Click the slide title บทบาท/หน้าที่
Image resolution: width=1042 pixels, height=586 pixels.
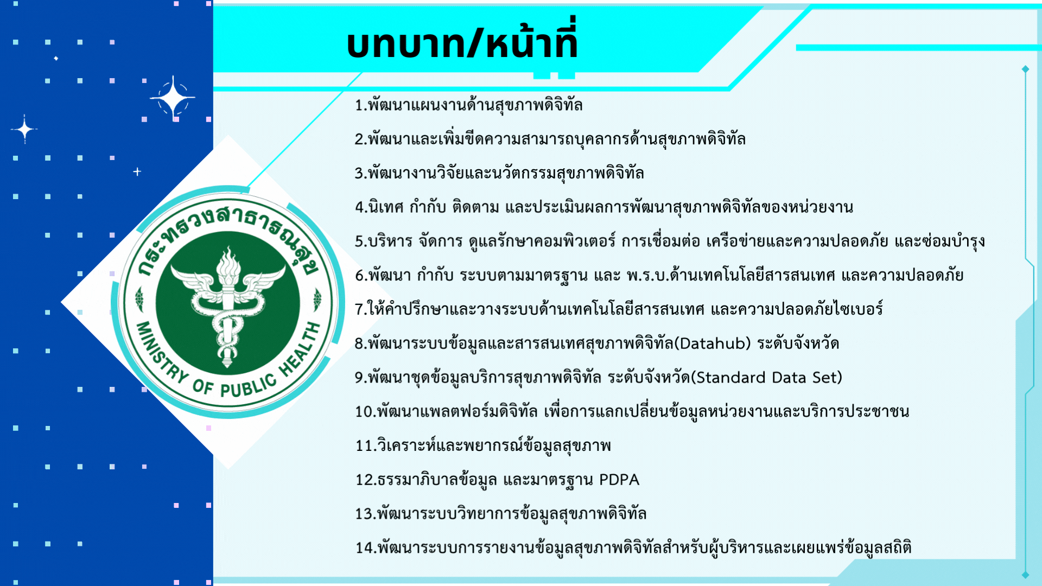[462, 43]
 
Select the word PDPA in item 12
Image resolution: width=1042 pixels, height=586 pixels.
[619, 480]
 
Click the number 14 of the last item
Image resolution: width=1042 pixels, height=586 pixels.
[364, 548]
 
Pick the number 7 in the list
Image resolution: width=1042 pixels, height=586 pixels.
[359, 309]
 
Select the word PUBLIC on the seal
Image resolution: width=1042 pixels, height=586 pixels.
[249, 386]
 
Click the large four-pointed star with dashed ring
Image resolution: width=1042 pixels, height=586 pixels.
[173, 98]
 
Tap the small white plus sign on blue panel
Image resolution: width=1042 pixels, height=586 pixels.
[137, 171]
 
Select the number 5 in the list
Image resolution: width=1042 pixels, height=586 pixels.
[359, 241]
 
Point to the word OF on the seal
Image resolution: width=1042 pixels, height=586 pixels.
[202, 386]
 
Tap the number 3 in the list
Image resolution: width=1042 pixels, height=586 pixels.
[359, 174]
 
